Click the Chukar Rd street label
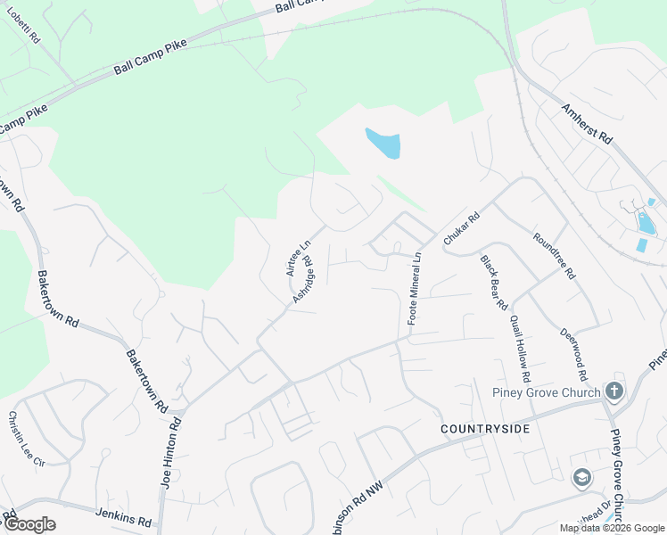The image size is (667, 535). coord(462,229)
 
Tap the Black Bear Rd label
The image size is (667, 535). coord(493,277)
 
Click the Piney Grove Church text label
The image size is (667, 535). coord(544,392)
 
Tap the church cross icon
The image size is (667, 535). coord(613,391)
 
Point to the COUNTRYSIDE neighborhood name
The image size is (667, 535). coord(485,429)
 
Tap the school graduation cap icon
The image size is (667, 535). coord(582,478)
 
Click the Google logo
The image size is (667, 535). coord(29,524)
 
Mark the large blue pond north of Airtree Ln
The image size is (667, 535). coord(383,144)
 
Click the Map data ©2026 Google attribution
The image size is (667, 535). coord(612,528)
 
